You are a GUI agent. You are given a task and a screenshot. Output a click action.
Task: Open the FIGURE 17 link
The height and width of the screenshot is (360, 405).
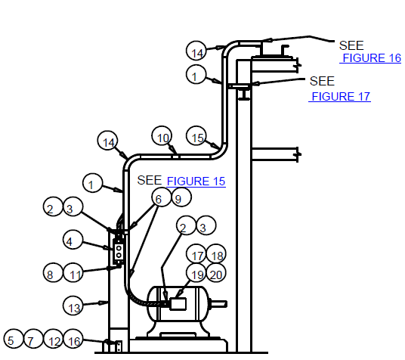341,97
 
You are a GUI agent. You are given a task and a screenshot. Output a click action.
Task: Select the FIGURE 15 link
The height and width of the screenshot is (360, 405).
196,181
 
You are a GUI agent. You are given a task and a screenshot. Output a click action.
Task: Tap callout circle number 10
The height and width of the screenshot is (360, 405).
162,136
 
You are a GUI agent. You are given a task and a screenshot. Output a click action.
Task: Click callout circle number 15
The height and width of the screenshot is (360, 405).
196,136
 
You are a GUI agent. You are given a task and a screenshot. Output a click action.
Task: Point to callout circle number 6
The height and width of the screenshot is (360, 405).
162,197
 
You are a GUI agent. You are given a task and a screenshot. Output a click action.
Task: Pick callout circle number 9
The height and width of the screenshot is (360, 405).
181,197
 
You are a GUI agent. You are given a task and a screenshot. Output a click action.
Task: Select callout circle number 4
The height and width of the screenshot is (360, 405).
73,240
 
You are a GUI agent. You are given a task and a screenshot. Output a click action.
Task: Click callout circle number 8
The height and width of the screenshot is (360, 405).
53,272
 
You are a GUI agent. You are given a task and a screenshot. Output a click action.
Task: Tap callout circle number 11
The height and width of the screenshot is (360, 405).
73,272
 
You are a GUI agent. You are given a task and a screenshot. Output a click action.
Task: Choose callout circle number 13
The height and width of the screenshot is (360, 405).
73,306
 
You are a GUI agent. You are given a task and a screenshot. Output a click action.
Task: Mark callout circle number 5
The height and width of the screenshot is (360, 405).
14,339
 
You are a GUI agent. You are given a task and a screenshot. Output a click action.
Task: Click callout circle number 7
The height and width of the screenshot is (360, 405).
33,339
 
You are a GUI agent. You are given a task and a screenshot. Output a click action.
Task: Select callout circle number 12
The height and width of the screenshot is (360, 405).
53,339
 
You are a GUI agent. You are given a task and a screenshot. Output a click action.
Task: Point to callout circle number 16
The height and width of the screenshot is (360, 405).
73,339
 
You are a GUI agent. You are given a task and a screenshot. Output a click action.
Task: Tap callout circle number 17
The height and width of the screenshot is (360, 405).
196,253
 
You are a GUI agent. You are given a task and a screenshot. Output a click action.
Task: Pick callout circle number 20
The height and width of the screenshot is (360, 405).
216,273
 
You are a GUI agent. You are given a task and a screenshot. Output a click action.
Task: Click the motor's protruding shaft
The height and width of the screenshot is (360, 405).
218,304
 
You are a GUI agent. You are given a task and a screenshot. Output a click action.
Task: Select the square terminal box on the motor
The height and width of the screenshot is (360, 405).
178,304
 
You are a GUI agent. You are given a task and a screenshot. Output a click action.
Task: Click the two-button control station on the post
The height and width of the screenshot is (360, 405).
119,252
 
